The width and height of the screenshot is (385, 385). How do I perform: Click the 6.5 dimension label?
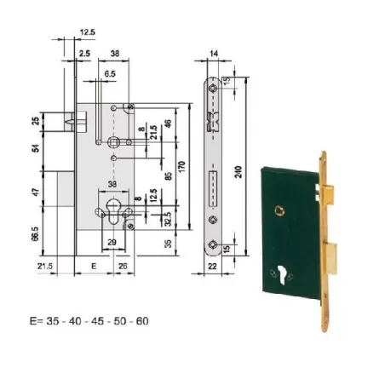(x=112, y=74)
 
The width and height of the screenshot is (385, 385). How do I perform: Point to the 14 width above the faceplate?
(x=211, y=54)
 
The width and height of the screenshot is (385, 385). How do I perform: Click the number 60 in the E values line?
(x=141, y=320)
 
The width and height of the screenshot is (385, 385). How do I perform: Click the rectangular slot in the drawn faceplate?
(x=210, y=182)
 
